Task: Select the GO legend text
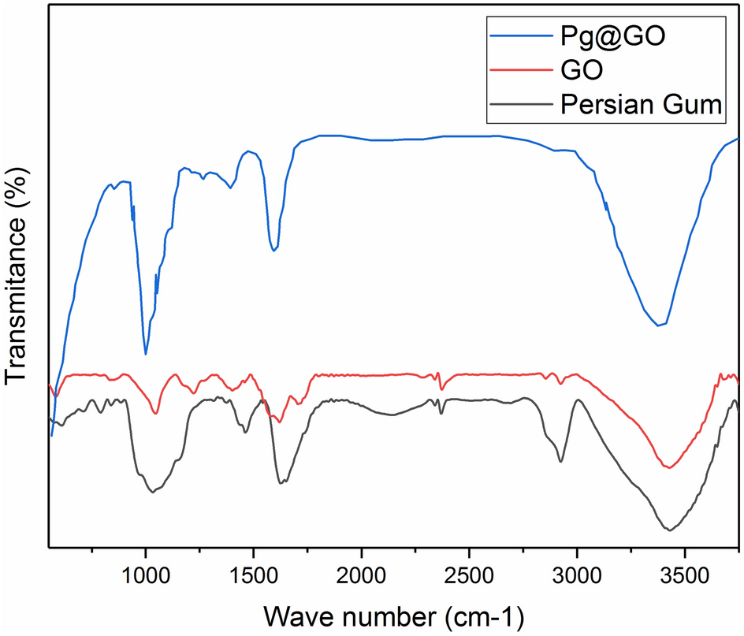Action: [582, 70]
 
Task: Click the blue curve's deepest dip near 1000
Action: [146, 354]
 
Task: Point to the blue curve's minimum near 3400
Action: [659, 325]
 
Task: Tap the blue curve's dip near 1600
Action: [273, 250]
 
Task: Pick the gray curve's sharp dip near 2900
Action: [560, 461]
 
